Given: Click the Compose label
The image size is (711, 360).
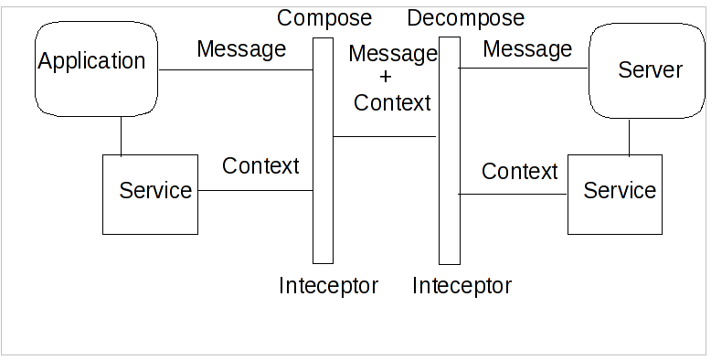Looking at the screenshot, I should pyautogui.click(x=324, y=18).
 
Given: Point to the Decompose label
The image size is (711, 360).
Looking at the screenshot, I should pyautogui.click(x=466, y=18).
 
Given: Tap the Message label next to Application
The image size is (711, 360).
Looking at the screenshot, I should pyautogui.click(x=241, y=48).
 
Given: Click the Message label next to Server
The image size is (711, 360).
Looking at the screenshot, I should pyautogui.click(x=527, y=48).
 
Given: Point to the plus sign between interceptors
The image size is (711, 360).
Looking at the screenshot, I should pyautogui.click(x=385, y=78).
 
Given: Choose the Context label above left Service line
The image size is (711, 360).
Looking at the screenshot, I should pyautogui.click(x=260, y=166).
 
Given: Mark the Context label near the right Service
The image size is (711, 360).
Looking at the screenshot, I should pyautogui.click(x=519, y=171).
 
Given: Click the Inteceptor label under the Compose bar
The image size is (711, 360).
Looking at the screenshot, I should pyautogui.click(x=328, y=286).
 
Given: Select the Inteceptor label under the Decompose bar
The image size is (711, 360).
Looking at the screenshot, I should pyautogui.click(x=462, y=286).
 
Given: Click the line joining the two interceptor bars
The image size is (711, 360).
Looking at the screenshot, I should pyautogui.click(x=385, y=137).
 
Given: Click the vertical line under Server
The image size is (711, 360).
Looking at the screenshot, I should pyautogui.click(x=629, y=137).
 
